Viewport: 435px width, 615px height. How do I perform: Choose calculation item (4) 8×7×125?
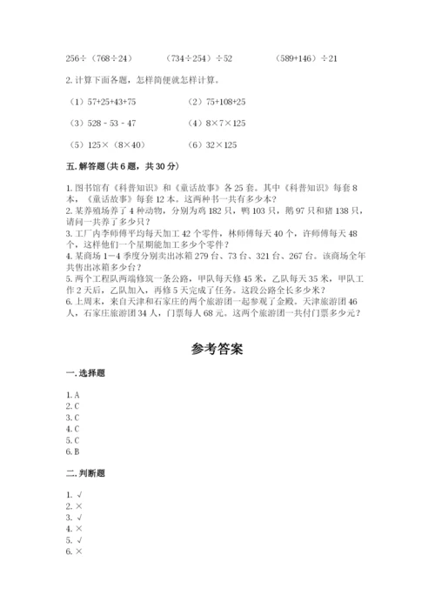(217, 124)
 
